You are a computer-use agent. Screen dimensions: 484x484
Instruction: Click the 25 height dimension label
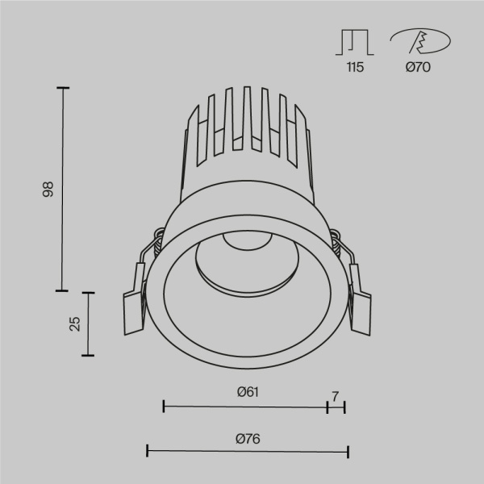click(75, 323)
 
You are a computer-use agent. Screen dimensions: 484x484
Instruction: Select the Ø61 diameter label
click(247, 392)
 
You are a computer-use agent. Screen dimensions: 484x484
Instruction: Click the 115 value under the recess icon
click(355, 68)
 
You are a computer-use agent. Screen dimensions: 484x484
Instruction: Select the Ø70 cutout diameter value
click(417, 68)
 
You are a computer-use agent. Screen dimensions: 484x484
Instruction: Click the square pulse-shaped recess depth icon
click(355, 42)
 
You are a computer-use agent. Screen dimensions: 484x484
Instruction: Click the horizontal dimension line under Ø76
click(247, 451)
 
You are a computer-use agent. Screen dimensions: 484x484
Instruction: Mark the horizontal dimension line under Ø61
click(245, 406)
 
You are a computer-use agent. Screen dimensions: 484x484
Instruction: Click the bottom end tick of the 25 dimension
click(89, 355)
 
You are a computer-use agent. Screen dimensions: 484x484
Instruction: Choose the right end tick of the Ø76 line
click(348, 451)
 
